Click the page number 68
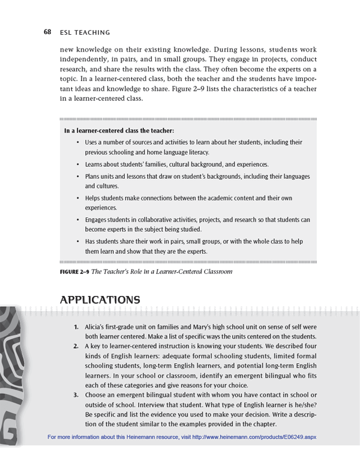tap(47, 32)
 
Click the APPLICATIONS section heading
tap(100, 300)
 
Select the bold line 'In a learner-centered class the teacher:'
tap(119, 130)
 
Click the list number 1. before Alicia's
tap(76, 327)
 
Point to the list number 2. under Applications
tap(76, 346)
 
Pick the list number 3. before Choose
tap(76, 394)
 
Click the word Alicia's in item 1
tap(97, 327)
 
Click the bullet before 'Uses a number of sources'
tap(78, 143)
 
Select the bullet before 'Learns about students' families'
tap(78, 164)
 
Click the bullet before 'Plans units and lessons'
tap(78, 176)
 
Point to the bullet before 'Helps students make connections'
tap(78, 197)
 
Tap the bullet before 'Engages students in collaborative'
tap(78, 220)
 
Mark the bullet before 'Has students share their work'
tap(78, 241)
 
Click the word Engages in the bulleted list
tap(97, 220)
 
